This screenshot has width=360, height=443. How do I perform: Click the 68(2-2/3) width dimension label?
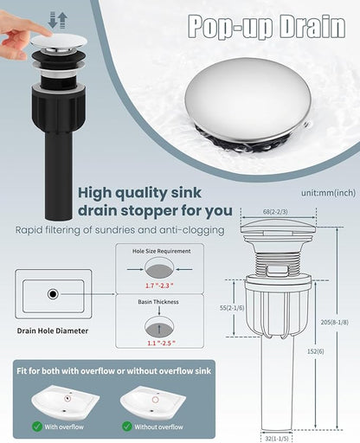[275, 212]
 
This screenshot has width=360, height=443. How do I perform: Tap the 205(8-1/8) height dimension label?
[334, 322]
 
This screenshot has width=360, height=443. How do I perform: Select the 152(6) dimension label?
[315, 351]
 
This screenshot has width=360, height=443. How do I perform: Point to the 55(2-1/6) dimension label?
[232, 308]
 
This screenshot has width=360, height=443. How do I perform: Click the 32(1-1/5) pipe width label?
[276, 439]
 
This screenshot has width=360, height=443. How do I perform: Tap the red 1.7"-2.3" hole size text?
[159, 286]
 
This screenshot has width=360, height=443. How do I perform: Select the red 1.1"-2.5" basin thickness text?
[161, 343]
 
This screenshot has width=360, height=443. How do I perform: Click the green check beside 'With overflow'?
[37, 427]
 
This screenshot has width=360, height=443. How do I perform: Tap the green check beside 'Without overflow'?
[127, 427]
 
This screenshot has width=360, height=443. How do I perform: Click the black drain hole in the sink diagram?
[53, 294]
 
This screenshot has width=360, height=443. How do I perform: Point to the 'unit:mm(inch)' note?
[328, 193]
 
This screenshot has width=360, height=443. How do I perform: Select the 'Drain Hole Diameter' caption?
[53, 331]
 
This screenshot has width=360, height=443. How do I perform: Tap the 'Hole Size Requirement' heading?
[161, 251]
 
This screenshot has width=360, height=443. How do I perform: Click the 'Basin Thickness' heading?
[158, 302]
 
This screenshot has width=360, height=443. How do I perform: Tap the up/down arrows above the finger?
[58, 20]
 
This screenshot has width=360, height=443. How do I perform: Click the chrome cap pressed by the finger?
[59, 42]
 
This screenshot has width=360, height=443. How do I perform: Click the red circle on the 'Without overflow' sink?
[155, 400]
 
